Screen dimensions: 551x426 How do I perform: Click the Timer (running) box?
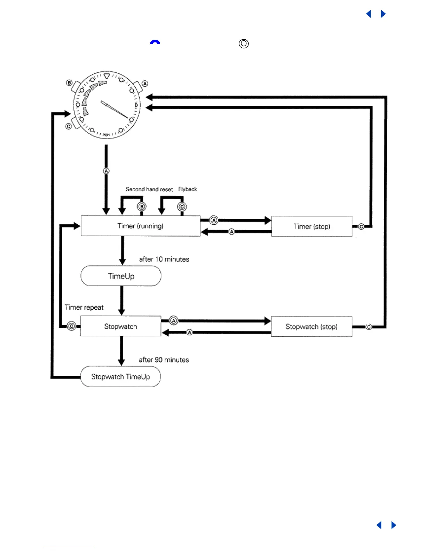click(140, 226)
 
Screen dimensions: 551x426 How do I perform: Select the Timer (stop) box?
click(311, 226)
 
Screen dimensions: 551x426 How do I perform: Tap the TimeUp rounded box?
click(121, 276)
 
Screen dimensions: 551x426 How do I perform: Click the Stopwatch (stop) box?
click(311, 327)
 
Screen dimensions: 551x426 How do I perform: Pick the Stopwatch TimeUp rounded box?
click(120, 377)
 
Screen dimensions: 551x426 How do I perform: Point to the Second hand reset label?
click(149, 189)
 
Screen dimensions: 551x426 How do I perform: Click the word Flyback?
click(188, 189)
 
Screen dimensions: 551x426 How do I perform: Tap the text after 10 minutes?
click(164, 259)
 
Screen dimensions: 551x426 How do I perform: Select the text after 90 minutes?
click(164, 360)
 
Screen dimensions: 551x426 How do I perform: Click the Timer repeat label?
click(84, 308)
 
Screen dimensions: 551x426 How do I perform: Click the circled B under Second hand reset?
click(142, 207)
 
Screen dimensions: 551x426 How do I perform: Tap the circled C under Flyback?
click(182, 207)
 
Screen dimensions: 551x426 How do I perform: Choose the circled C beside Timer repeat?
click(71, 326)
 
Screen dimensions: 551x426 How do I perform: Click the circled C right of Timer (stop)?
click(361, 227)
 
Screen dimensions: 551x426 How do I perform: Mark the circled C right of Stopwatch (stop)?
click(369, 327)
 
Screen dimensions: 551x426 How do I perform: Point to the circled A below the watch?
click(106, 171)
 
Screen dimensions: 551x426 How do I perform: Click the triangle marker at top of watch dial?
click(107, 76)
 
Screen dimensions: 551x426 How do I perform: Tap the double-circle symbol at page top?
click(244, 44)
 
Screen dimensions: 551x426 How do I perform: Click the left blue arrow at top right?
click(369, 14)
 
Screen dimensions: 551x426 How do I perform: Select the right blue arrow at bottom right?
click(394, 525)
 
